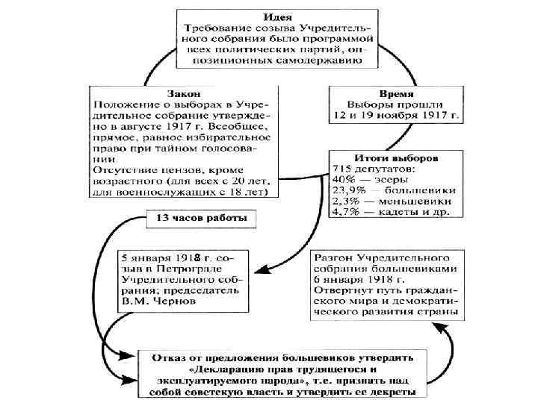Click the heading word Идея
tap(274, 16)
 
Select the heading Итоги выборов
tap(395, 158)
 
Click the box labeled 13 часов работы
tap(205, 219)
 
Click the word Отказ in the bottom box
tap(169, 357)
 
